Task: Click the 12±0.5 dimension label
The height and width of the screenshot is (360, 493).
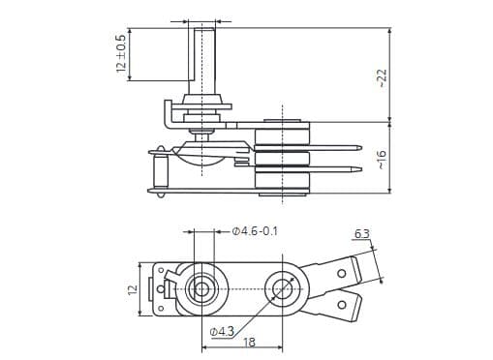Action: (121, 55)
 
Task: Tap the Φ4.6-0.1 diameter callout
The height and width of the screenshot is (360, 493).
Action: (256, 231)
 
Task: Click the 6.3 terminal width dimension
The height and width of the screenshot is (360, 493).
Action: (361, 234)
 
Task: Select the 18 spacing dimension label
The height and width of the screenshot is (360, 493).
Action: (249, 343)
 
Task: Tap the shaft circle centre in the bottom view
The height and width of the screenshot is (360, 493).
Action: (203, 287)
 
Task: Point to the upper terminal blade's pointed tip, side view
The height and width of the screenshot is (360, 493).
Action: (359, 148)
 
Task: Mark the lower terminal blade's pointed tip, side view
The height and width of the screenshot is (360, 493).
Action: (359, 170)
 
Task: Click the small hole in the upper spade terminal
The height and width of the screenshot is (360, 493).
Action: (340, 273)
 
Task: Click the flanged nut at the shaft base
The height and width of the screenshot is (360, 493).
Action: (204, 100)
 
